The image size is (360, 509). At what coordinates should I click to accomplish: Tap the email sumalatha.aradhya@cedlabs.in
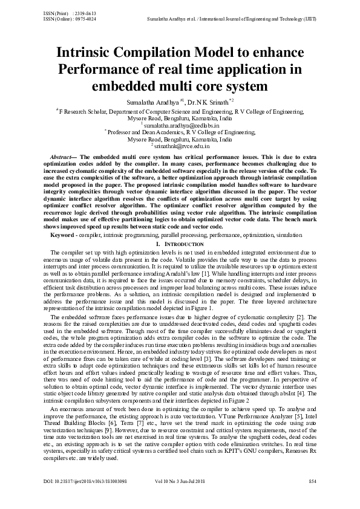coord(181,125)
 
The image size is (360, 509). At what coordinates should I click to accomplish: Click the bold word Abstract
coord(61,157)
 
